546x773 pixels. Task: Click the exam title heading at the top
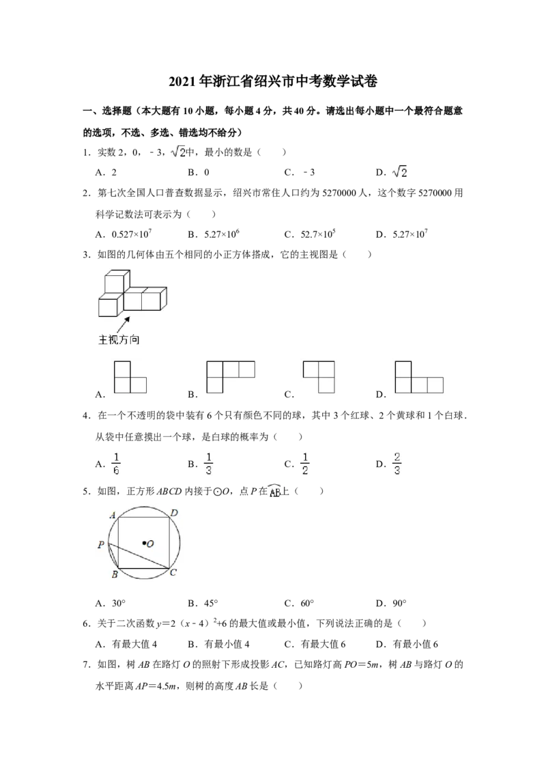[273, 81]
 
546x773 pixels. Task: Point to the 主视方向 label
[119, 339]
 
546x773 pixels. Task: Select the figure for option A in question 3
[130, 377]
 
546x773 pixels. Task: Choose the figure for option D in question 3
[419, 377]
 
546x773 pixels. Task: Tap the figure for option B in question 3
[231, 377]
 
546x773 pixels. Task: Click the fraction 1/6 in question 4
[116, 464]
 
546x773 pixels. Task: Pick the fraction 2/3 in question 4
[397, 464]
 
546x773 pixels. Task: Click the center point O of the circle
[145, 544]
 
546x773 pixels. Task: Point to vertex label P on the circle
[100, 545]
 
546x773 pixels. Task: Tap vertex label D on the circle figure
[174, 514]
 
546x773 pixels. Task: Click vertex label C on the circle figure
[173, 572]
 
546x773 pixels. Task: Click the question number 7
[86, 664]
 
